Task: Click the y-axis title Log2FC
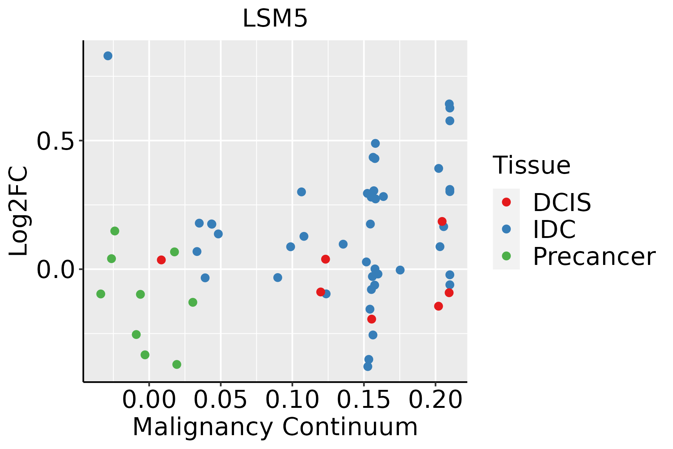click(19, 211)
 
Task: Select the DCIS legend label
click(562, 202)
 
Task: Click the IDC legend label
click(554, 229)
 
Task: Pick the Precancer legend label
click(594, 257)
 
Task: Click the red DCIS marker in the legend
click(506, 202)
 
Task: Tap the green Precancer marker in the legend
click(506, 256)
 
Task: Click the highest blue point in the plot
click(108, 56)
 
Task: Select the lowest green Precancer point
click(177, 364)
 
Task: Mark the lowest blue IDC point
click(368, 366)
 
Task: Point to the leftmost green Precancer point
click(101, 294)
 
